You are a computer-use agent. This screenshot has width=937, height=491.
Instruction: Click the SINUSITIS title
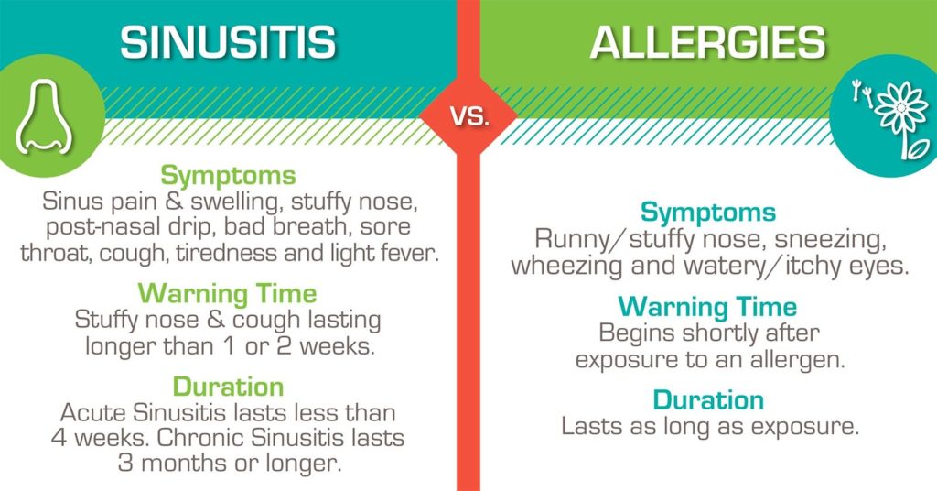[x=228, y=42]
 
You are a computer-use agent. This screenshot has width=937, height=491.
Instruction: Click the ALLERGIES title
[x=708, y=42]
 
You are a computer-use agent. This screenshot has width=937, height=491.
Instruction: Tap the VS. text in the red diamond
[x=469, y=116]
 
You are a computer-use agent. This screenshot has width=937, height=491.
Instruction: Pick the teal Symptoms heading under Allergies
[x=708, y=213]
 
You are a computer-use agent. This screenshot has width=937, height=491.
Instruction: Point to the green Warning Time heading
[x=228, y=294]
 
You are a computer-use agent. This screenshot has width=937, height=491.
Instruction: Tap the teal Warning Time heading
[x=707, y=307]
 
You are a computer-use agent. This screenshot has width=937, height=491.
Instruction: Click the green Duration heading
[x=228, y=387]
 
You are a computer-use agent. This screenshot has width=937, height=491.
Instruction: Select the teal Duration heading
[x=708, y=400]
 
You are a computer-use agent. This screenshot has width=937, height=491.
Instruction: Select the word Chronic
[x=201, y=438]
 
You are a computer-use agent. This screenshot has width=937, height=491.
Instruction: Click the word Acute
[x=94, y=412]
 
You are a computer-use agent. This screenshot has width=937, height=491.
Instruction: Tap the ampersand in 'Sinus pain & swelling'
[x=174, y=202]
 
